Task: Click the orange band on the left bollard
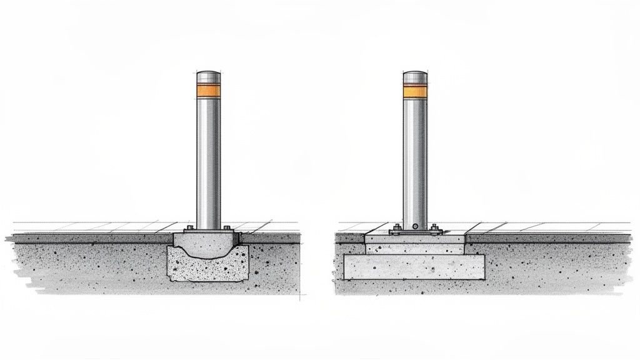point(208,91)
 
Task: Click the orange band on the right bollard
point(414,92)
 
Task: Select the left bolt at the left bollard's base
point(188,228)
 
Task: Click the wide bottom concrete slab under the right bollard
point(414,267)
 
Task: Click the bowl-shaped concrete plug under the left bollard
point(207,245)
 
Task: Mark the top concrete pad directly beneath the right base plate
point(414,239)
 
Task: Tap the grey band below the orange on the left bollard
point(208,101)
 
